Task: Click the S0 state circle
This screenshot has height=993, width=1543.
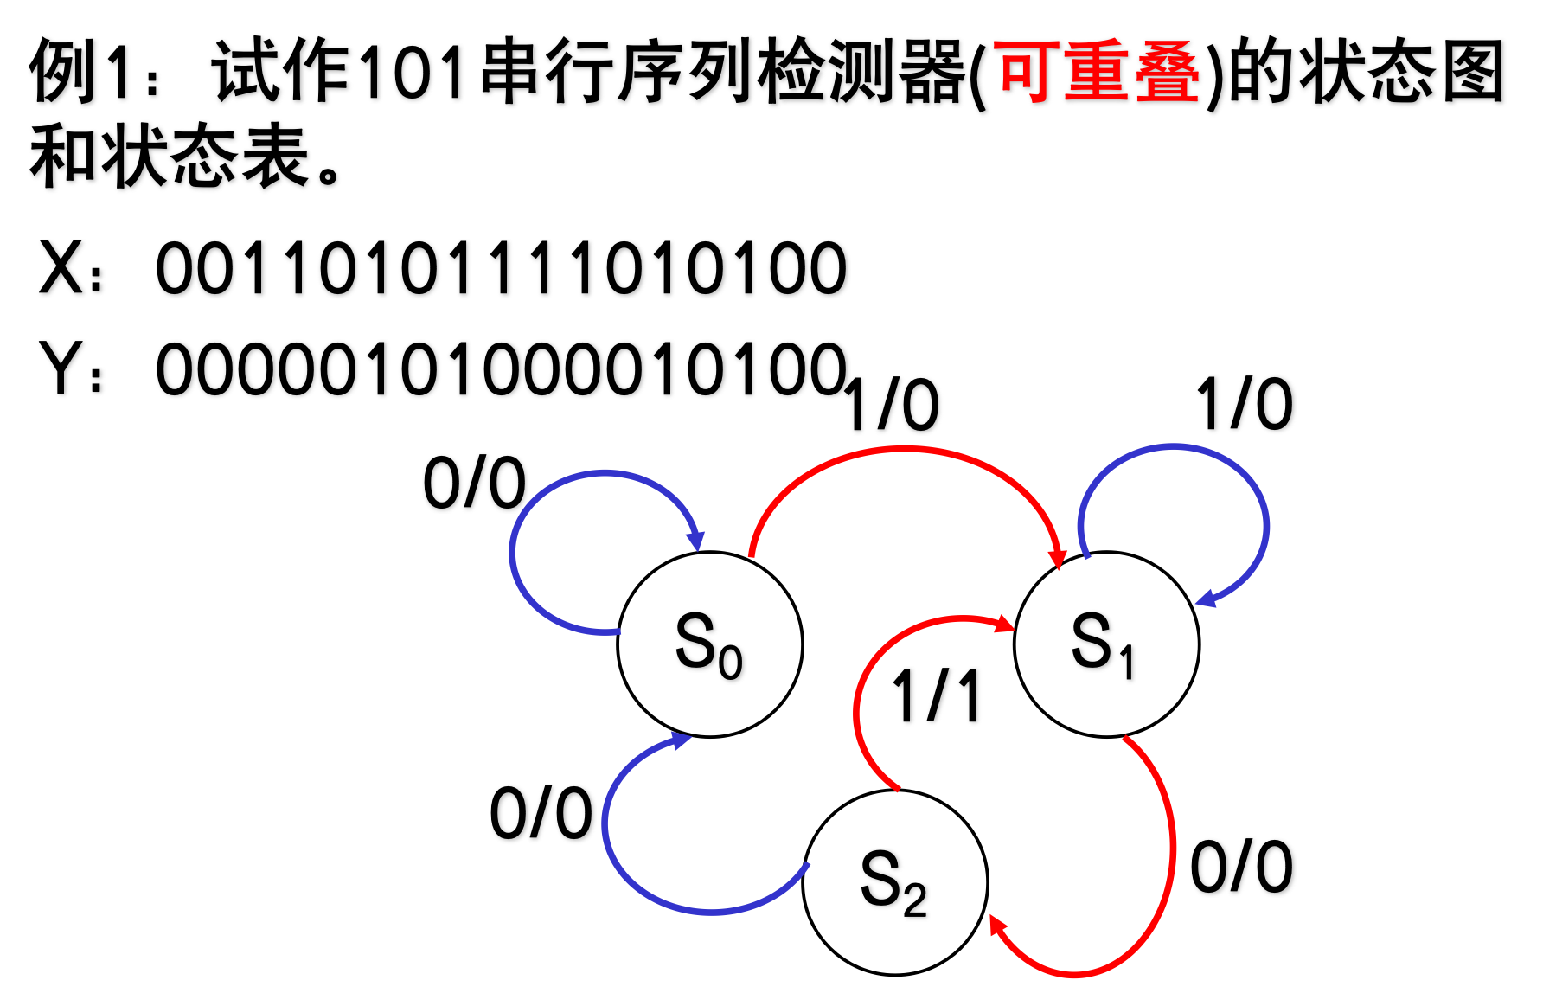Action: [709, 644]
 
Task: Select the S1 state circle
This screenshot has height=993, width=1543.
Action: [1105, 644]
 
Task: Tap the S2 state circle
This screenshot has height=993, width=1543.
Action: [894, 882]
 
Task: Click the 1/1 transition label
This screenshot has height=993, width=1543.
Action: [937, 696]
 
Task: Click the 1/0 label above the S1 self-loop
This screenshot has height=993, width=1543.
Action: [1244, 405]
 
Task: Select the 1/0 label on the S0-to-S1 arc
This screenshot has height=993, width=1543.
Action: [891, 405]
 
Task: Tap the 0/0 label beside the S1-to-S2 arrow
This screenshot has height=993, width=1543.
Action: [1241, 867]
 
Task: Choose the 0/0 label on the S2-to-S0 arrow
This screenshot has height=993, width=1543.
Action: [541, 814]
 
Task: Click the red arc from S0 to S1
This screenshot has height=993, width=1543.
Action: [904, 450]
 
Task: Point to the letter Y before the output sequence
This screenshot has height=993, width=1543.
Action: [61, 368]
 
